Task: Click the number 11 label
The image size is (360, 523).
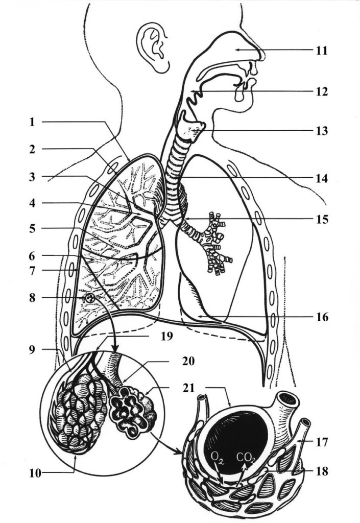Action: [x=321, y=51]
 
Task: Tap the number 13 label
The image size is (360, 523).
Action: [x=321, y=131]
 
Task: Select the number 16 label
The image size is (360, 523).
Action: [x=321, y=318]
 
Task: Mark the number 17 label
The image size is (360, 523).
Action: [x=321, y=440]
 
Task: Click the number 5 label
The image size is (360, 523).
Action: [x=32, y=228]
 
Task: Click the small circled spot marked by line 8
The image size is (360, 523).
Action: [x=89, y=297]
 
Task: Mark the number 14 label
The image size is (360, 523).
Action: [x=321, y=179]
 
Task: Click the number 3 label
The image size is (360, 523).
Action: [x=32, y=177]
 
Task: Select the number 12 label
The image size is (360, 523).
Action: [x=321, y=92]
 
